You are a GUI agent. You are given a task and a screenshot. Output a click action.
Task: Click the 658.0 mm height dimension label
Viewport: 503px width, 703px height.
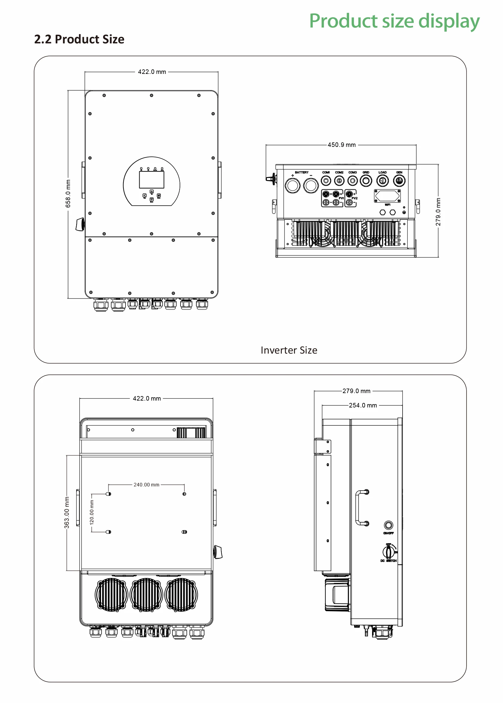[x=68, y=194]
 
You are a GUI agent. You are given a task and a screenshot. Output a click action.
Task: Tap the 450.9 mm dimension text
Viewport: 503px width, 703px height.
[x=342, y=145]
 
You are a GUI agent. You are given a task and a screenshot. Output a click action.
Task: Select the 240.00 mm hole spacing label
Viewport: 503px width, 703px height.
[x=146, y=485]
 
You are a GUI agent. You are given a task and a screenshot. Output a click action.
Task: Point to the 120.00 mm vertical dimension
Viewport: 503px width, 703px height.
[x=92, y=512]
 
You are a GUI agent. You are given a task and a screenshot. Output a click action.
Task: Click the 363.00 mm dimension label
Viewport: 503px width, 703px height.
[x=67, y=512]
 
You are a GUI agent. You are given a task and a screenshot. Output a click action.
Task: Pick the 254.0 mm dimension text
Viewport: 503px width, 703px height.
[x=363, y=405]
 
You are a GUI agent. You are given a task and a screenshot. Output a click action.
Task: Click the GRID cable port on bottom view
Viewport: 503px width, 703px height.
[x=366, y=180]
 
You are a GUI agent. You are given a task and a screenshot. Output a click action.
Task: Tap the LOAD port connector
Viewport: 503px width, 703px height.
[x=383, y=180]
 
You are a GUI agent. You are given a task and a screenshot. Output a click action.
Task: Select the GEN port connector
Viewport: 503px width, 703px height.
[x=399, y=180]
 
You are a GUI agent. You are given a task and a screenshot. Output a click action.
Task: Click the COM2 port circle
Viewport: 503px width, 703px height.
[x=339, y=180]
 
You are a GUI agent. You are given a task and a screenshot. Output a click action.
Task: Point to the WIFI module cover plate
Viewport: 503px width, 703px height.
[x=387, y=196]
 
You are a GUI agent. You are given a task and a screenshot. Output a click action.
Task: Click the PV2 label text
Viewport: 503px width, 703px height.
[x=354, y=198]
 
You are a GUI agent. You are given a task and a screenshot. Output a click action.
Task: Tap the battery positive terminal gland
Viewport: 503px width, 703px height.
[x=292, y=186]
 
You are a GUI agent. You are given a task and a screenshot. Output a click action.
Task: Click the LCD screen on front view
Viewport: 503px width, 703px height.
[x=152, y=179]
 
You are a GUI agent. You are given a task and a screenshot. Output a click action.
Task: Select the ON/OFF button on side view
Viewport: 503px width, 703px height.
[x=389, y=525]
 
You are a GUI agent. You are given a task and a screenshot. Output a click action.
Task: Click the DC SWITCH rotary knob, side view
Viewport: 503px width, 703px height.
[x=389, y=552]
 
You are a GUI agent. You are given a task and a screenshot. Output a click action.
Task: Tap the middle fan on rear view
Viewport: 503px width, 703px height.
[x=146, y=594]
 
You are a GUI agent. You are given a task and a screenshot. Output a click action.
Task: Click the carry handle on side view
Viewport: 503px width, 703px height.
[x=361, y=508]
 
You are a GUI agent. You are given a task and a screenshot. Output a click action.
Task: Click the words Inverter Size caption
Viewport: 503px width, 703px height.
[x=289, y=350]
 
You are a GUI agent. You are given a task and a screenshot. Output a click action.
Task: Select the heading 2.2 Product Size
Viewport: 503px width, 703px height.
[x=79, y=39]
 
